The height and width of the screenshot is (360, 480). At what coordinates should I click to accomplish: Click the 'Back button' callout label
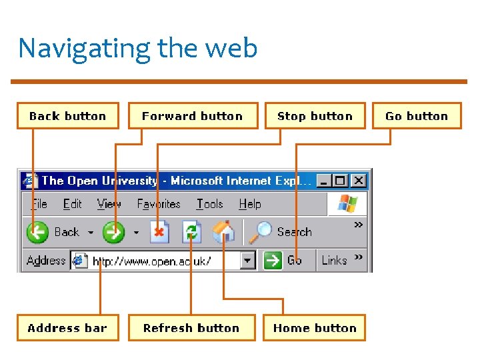point(67,116)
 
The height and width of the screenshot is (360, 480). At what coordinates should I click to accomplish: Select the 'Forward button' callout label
point(192,116)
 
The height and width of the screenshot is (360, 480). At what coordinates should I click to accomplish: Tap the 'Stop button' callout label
point(315,116)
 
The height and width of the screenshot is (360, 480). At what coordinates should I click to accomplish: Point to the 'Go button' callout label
point(417,116)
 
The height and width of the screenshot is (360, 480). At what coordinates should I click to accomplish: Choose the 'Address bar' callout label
point(67,328)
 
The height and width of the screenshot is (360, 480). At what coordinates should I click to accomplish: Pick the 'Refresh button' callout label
point(191,328)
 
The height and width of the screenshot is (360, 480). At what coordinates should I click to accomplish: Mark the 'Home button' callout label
point(315,328)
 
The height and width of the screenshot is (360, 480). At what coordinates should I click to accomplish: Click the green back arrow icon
point(37,232)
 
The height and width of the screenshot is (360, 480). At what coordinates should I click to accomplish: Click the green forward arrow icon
point(114,232)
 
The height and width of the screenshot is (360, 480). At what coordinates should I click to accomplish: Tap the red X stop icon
point(159,232)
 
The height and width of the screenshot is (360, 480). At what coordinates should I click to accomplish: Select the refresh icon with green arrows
point(192,232)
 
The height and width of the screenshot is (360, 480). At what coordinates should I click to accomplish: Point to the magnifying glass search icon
point(261,231)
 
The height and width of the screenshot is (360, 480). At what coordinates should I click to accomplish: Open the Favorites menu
point(159,204)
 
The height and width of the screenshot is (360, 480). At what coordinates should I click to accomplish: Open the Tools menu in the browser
point(209,204)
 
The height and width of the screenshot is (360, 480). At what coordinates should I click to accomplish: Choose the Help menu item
point(250,204)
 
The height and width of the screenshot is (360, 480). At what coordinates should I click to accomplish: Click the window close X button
point(359,181)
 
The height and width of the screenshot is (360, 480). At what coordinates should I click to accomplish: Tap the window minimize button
point(324,181)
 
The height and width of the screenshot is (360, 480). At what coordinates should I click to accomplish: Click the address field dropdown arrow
point(248,260)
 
